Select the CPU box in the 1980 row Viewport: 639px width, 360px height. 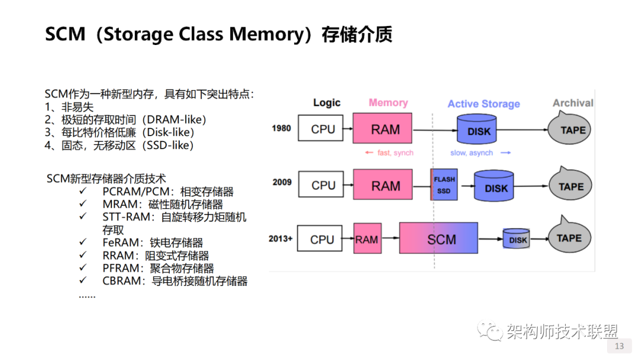tap(323, 128)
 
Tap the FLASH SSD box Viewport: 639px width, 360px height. tap(444, 184)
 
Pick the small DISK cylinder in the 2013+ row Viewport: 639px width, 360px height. tap(517, 239)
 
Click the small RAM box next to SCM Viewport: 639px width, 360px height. tap(367, 239)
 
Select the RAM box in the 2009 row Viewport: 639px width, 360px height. tap(385, 185)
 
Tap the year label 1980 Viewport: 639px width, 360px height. tap(282, 128)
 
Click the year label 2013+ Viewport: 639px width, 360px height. tap(280, 239)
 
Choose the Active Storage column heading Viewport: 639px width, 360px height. tap(483, 104)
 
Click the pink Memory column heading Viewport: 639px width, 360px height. tap(388, 102)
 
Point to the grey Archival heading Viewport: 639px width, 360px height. tap(572, 103)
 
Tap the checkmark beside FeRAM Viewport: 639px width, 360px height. tap(83, 243)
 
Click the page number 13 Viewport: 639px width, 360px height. tap(619, 346)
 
